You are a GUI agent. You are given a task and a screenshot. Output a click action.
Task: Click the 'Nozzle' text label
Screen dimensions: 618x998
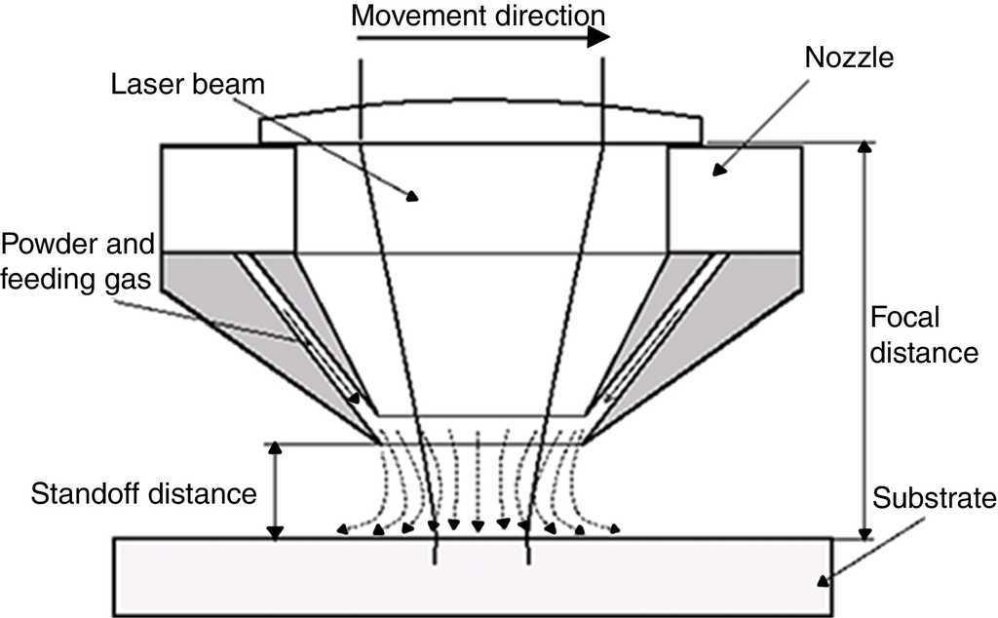pos(850,58)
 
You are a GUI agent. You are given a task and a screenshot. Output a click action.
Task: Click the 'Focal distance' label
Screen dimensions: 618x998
pos(922,334)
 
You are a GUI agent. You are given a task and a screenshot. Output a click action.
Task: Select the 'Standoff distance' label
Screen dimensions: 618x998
pos(143,492)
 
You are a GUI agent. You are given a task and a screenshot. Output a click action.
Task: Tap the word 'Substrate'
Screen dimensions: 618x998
pos(935,499)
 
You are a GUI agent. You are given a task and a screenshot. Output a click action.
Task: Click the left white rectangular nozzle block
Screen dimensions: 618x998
pos(228,199)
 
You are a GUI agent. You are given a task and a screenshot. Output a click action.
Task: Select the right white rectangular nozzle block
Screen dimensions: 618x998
pos(734,199)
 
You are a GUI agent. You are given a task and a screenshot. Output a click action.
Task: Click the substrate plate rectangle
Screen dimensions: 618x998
pos(473,577)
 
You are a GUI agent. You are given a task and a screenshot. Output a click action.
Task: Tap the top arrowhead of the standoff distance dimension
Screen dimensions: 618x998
pos(276,449)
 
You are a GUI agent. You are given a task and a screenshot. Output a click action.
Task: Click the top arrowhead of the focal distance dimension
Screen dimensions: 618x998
pos(863,149)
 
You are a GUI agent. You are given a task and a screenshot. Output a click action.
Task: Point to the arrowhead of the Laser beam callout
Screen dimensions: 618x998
pos(414,196)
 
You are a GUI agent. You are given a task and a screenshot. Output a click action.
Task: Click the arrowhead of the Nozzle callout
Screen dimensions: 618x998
pos(719,172)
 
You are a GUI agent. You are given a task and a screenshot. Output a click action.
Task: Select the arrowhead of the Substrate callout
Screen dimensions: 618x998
pos(824,579)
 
